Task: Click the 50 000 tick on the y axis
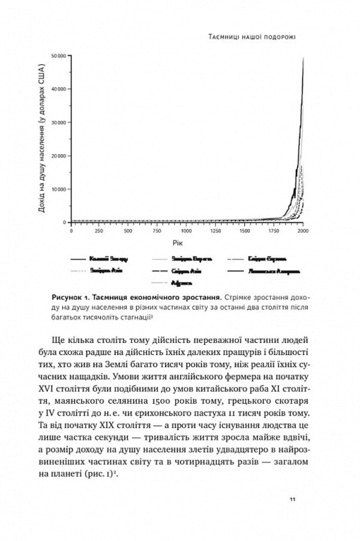[58, 56]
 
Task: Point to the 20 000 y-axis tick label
[58, 156]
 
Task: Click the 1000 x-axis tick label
[187, 231]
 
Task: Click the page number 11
[292, 499]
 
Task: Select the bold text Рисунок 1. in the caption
[73, 297]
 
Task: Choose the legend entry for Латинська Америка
[271, 270]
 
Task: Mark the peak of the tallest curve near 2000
[304, 58]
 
